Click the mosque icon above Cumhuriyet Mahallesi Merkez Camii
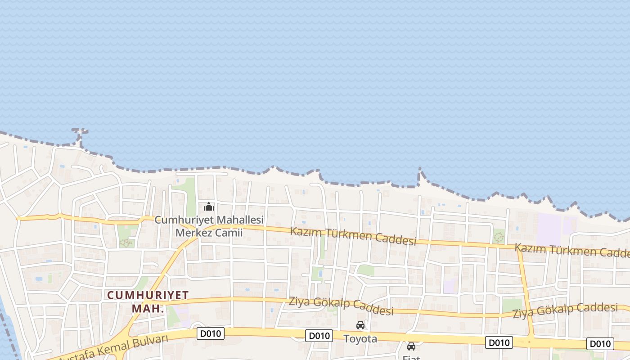[209, 207]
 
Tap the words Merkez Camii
[209, 233]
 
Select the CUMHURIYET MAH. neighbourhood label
[147, 302]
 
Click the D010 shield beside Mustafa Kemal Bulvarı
[211, 333]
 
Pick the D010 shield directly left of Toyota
[319, 336]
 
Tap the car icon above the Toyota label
[360, 325]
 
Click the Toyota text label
[360, 338]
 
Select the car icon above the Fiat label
[411, 346]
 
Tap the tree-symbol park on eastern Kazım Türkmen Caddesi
[499, 236]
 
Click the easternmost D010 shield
[600, 344]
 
